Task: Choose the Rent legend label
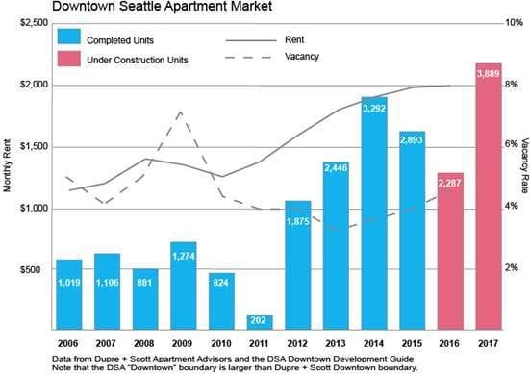[x=294, y=39]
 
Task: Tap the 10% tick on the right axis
[x=513, y=22]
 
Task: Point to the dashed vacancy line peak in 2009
[x=181, y=112]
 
